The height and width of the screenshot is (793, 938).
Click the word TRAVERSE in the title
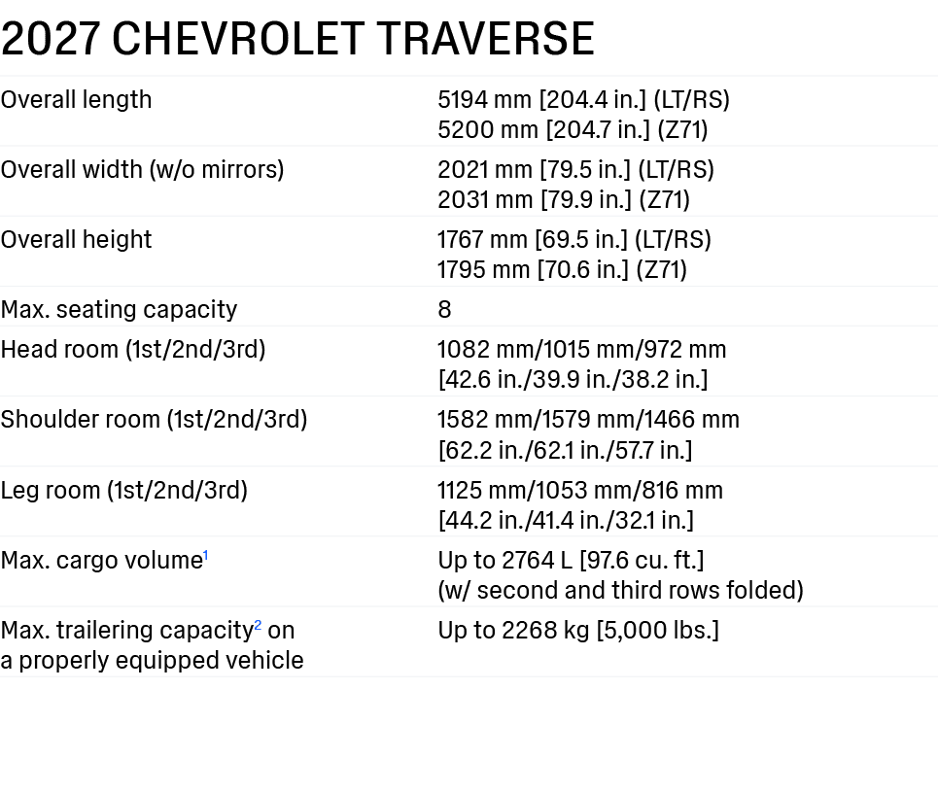[x=485, y=39]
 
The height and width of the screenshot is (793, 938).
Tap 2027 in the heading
[x=51, y=39]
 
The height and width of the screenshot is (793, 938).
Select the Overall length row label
[x=76, y=100]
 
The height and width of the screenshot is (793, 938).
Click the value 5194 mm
[x=485, y=100]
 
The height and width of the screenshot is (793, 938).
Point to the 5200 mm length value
[x=488, y=130]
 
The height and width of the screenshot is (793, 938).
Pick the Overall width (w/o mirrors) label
[x=142, y=170]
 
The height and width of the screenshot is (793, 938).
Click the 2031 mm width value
[x=485, y=200]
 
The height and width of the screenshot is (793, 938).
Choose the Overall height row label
[x=76, y=240]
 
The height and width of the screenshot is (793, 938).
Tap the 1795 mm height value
[x=483, y=270]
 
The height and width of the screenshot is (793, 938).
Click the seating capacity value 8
[x=444, y=310]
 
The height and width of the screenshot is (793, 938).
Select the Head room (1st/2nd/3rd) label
[x=133, y=349]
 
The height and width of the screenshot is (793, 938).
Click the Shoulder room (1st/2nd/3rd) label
[x=154, y=419]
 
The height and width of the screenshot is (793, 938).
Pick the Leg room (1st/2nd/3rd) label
[x=123, y=491]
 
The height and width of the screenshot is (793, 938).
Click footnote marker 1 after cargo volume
[x=206, y=556]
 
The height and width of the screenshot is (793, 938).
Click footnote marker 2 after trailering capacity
[x=258, y=626]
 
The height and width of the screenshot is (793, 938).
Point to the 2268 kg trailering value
[x=545, y=631]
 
